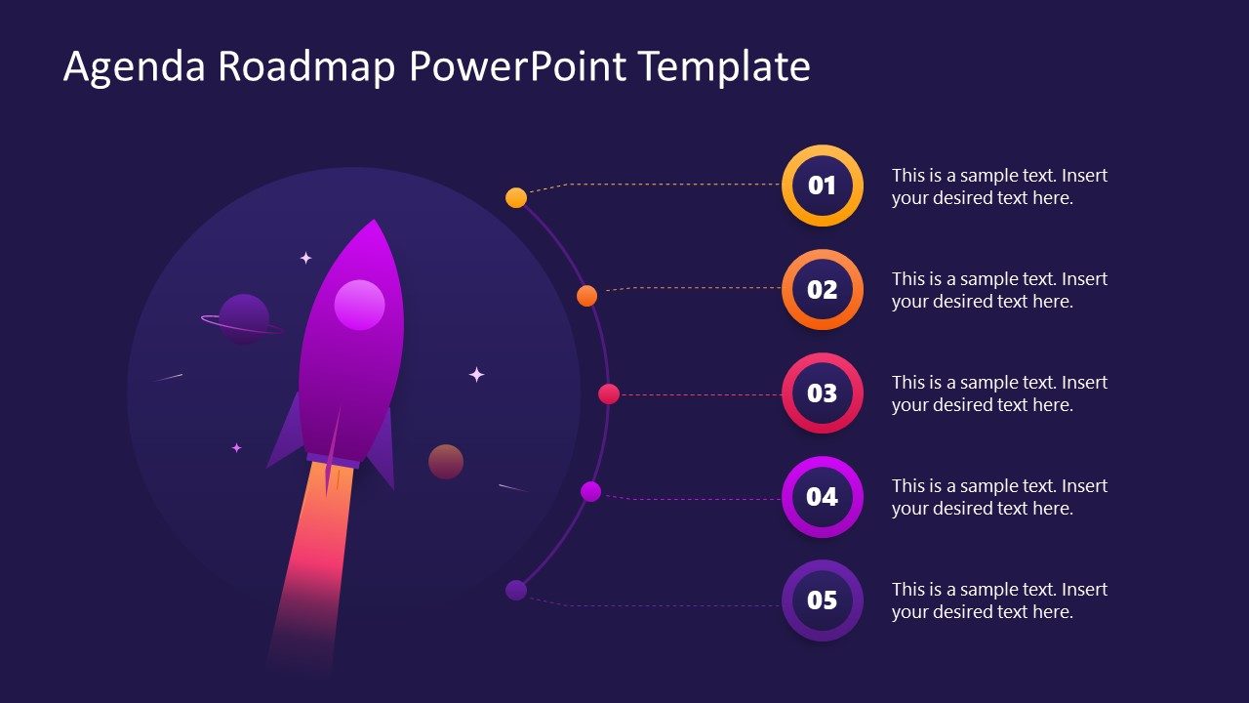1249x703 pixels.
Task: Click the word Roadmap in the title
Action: [307, 67]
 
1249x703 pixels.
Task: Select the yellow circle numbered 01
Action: [823, 186]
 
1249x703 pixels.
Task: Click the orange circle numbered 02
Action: [823, 289]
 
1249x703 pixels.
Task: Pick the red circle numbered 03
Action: [823, 393]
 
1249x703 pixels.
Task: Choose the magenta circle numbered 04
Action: [823, 496]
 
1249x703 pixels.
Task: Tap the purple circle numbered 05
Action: [823, 600]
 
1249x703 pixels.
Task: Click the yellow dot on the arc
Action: [516, 198]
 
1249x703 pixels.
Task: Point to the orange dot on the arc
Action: [586, 296]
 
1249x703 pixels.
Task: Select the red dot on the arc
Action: [609, 393]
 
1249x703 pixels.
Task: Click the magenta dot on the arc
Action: [590, 491]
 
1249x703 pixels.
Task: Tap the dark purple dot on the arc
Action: [516, 590]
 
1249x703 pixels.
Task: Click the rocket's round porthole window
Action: [359, 305]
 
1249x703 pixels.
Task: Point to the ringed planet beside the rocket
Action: [243, 319]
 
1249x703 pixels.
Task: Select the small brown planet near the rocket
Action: [446, 462]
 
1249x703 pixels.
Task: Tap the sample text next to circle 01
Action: [999, 186]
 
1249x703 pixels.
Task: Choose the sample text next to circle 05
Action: [999, 600]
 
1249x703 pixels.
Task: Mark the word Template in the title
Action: [724, 67]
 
